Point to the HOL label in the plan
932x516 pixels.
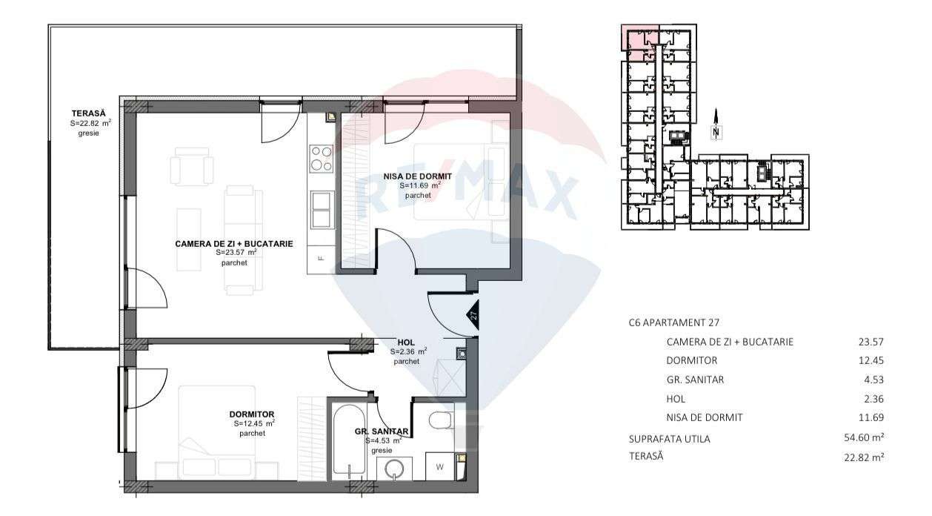point(406,342)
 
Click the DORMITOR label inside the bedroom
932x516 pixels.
point(252,414)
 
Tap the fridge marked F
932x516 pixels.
point(321,258)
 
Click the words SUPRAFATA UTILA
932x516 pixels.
point(669,439)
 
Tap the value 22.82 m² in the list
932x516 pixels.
point(859,457)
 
